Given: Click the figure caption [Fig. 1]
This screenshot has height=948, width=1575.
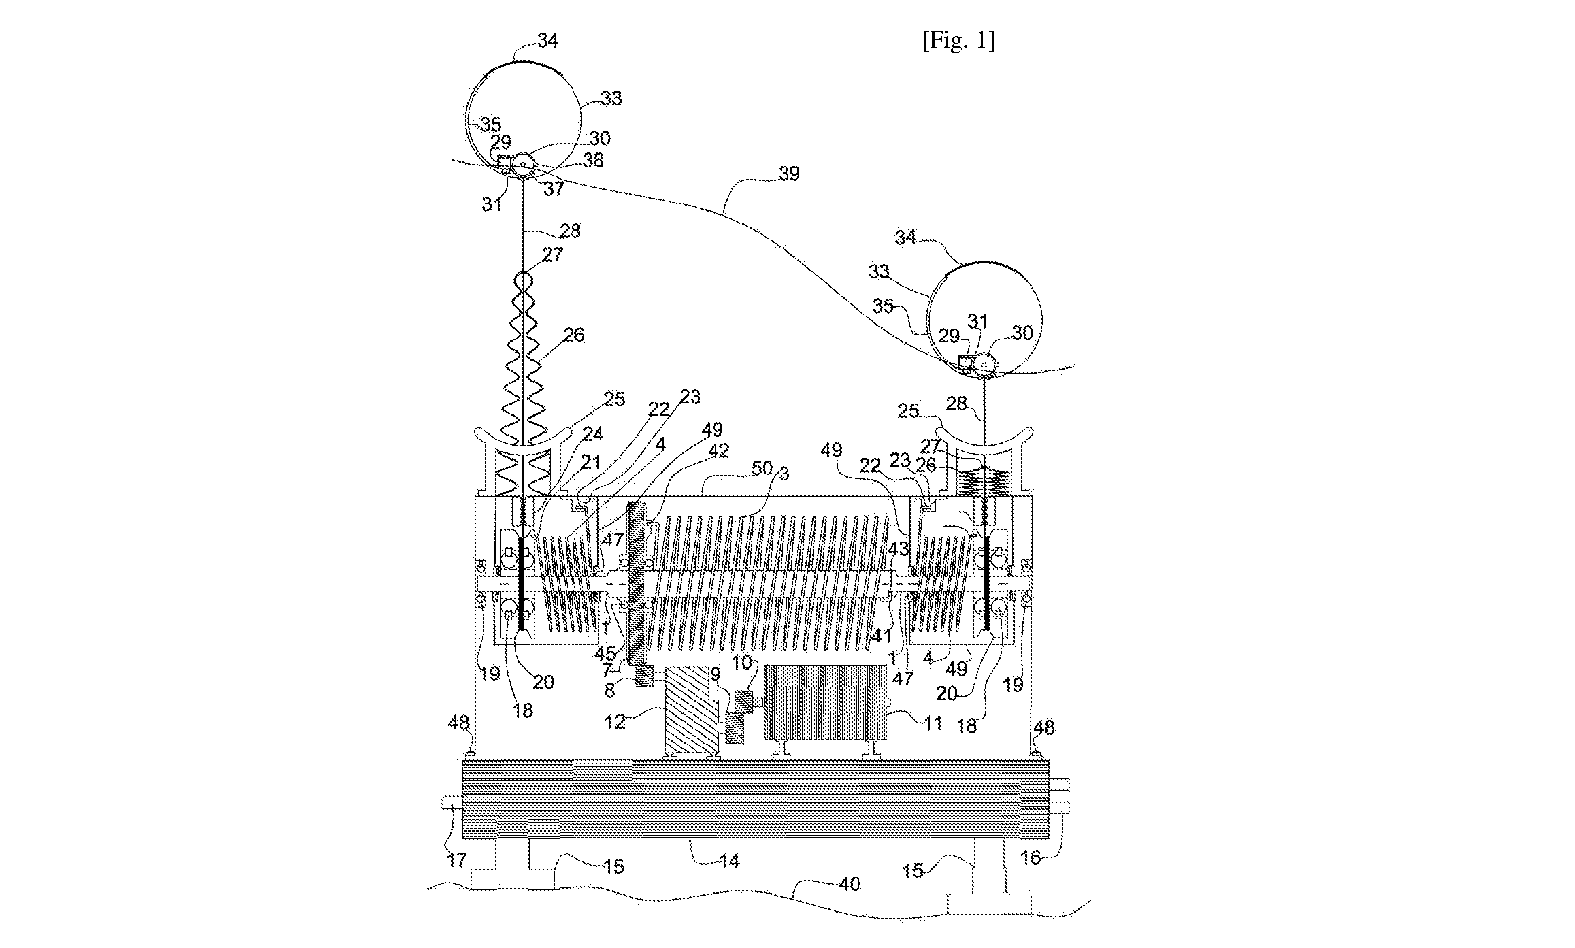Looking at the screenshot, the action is (x=958, y=41).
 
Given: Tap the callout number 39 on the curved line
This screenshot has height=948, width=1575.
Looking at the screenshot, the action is (x=789, y=173).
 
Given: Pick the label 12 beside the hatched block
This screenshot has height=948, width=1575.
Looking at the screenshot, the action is (x=615, y=723).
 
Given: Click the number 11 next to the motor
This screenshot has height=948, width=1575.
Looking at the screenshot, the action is (x=933, y=723).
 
